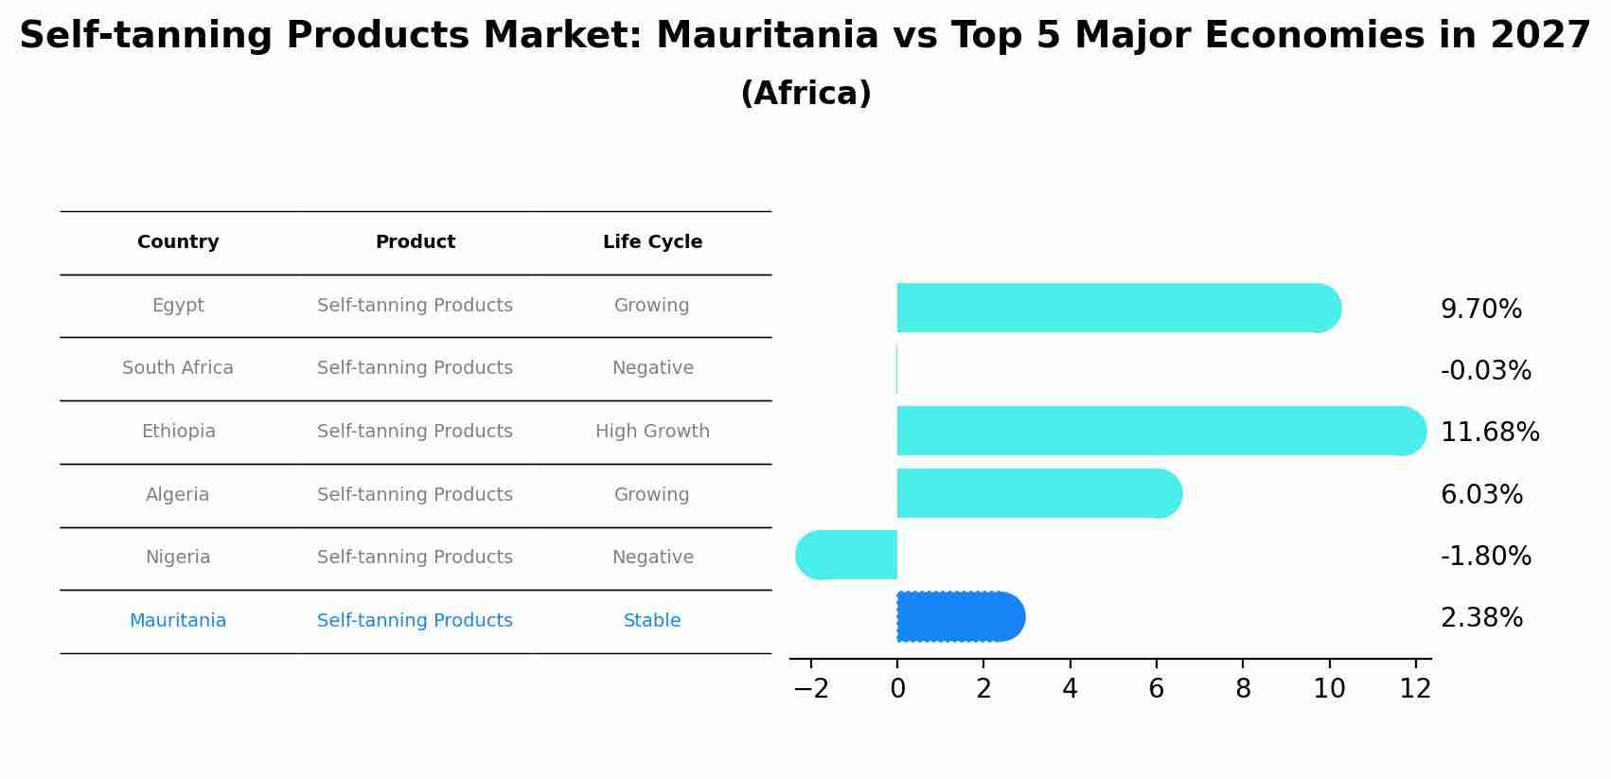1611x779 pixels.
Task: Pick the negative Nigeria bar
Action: [x=847, y=555]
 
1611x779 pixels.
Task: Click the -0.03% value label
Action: [x=1485, y=371]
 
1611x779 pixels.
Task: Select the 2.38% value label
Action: [x=1481, y=618]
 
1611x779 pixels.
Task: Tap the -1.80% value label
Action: [x=1485, y=557]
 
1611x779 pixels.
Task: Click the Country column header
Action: [x=178, y=242]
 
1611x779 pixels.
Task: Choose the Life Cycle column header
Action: [x=652, y=242]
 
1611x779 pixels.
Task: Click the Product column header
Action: [x=415, y=242]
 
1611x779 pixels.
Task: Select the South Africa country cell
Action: [x=178, y=368]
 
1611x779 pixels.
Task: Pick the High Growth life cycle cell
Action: [x=652, y=432]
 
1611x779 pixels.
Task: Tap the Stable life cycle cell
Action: [x=652, y=621]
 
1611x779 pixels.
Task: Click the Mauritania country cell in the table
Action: [x=178, y=621]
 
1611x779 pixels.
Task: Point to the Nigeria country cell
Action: [x=178, y=558]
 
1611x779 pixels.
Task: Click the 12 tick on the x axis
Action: [x=1415, y=689]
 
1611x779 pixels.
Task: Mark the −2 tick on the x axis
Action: [x=811, y=689]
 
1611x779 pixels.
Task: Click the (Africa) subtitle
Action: [x=805, y=94]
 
